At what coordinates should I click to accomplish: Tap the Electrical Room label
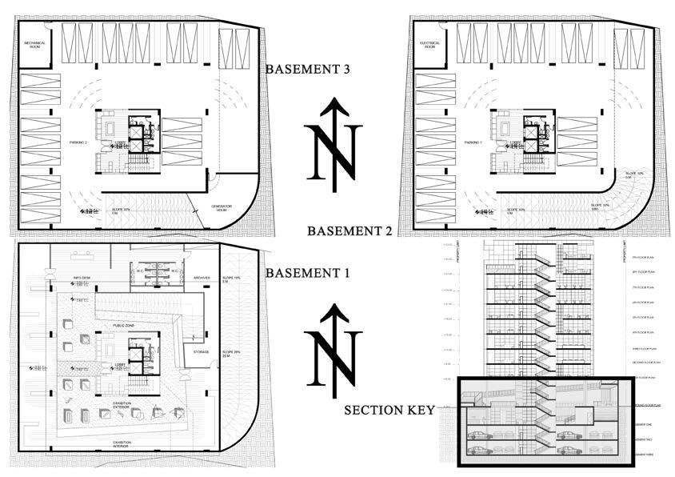[429, 46]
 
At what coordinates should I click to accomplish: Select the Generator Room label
[222, 208]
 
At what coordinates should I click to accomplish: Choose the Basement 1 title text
[308, 273]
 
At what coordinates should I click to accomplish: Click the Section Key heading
[389, 411]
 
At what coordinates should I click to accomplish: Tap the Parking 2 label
[78, 141]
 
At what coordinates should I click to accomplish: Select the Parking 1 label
[473, 142]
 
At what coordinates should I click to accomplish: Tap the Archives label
[201, 279]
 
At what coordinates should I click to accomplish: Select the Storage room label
[201, 351]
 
